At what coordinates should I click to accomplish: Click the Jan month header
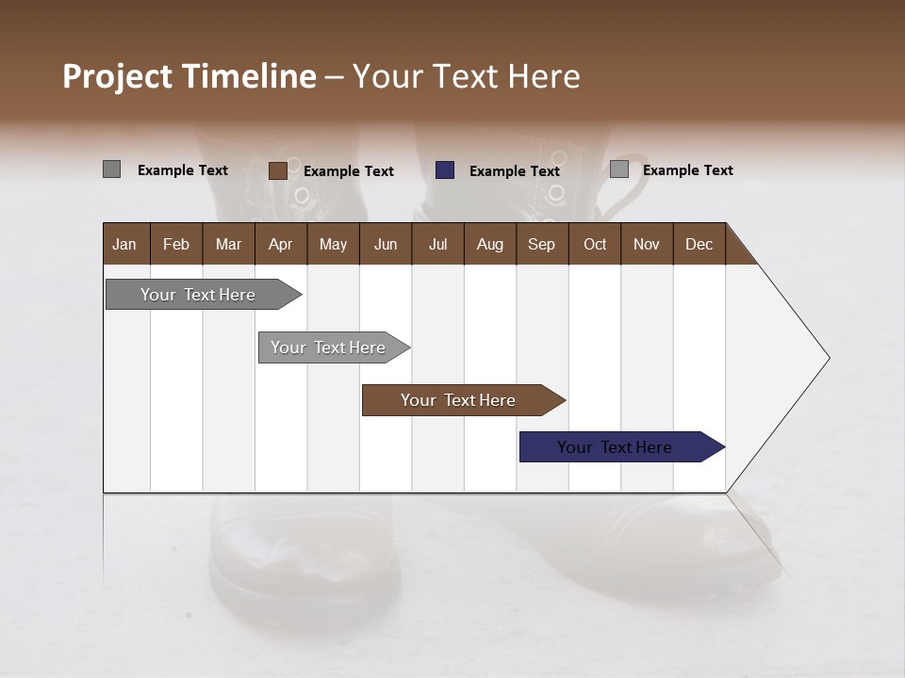tap(124, 244)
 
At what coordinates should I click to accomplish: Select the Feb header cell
tap(176, 244)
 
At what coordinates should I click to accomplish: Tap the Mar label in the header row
tap(228, 244)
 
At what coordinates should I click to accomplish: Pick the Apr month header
tap(280, 244)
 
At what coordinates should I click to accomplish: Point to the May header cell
tap(333, 244)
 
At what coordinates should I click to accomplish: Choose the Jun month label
tap(386, 244)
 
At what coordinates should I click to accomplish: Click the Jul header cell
tap(437, 244)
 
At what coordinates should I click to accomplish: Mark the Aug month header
tap(489, 244)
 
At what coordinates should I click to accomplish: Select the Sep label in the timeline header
tap(541, 244)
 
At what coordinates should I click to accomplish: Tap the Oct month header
tap(595, 244)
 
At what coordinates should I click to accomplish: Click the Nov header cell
tap(647, 244)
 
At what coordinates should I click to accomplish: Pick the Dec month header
tap(699, 244)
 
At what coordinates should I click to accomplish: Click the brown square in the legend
tap(277, 170)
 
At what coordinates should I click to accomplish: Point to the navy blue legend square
tap(445, 170)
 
